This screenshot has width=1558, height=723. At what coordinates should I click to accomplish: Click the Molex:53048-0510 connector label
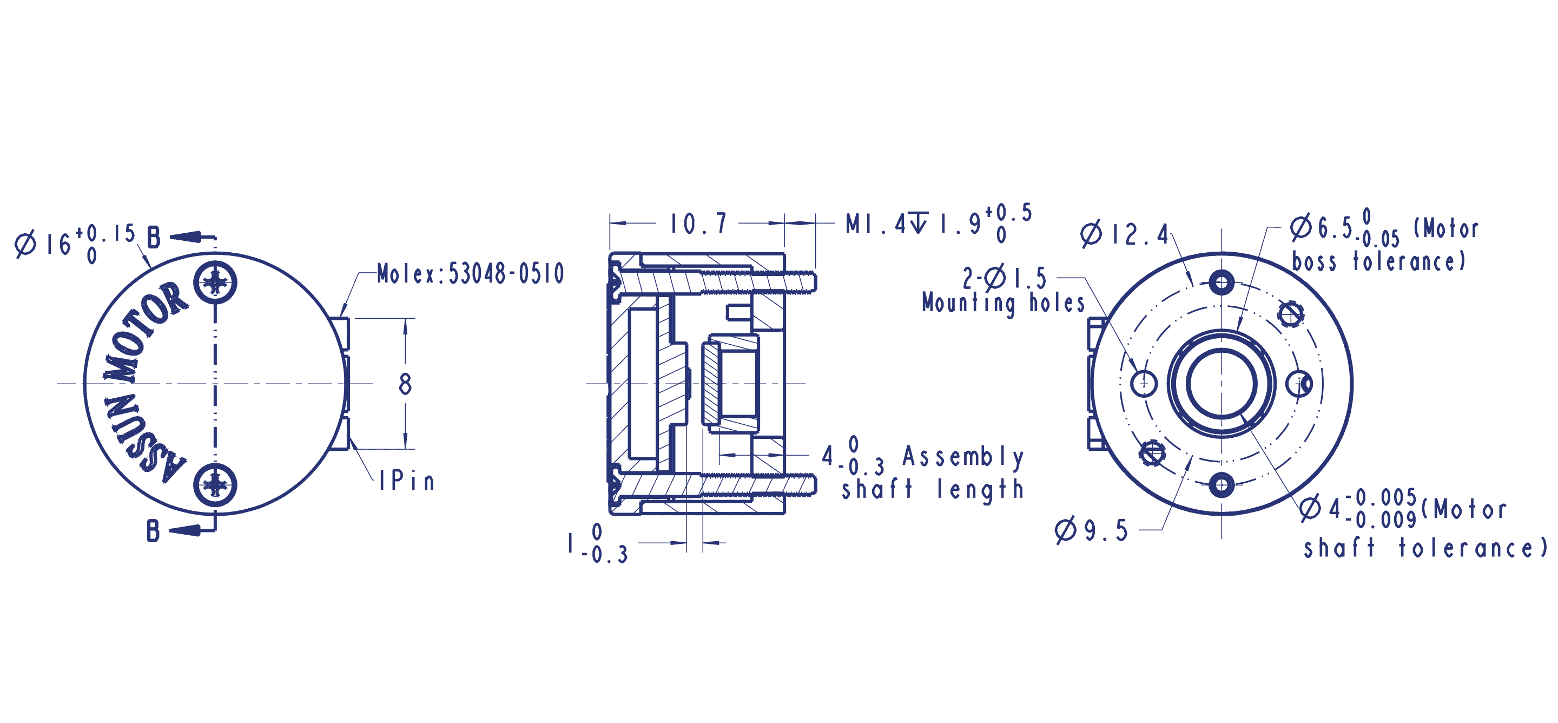click(471, 273)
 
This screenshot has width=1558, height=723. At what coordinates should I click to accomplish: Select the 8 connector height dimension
click(405, 384)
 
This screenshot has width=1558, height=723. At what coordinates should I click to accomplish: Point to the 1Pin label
click(406, 481)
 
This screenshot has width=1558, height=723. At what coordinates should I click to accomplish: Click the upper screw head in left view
click(215, 282)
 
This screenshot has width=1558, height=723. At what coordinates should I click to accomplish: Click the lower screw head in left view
click(215, 485)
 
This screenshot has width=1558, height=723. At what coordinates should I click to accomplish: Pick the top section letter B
click(154, 238)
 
